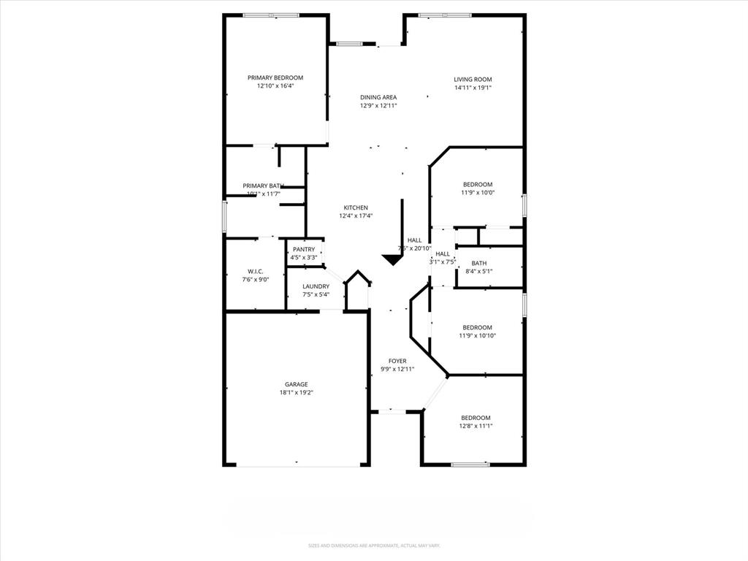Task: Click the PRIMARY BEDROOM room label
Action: point(275,77)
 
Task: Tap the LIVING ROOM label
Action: point(473,80)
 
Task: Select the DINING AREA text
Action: point(378,97)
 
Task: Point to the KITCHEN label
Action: point(356,207)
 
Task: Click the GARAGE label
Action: point(296,384)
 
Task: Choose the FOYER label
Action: point(397,361)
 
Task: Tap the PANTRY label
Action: point(303,249)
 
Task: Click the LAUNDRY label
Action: point(316,286)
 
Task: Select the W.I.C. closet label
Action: point(254,270)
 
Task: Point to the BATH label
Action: point(479,263)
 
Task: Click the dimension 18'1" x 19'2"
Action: point(296,392)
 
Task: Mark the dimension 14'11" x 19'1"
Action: point(473,88)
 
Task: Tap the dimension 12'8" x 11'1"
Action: point(476,426)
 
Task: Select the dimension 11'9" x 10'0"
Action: point(477,193)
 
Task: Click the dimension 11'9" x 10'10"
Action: point(477,335)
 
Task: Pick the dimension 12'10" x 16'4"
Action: point(275,85)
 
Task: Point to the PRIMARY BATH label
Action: point(262,186)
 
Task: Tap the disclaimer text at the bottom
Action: point(373,546)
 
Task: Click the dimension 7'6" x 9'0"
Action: point(254,278)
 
